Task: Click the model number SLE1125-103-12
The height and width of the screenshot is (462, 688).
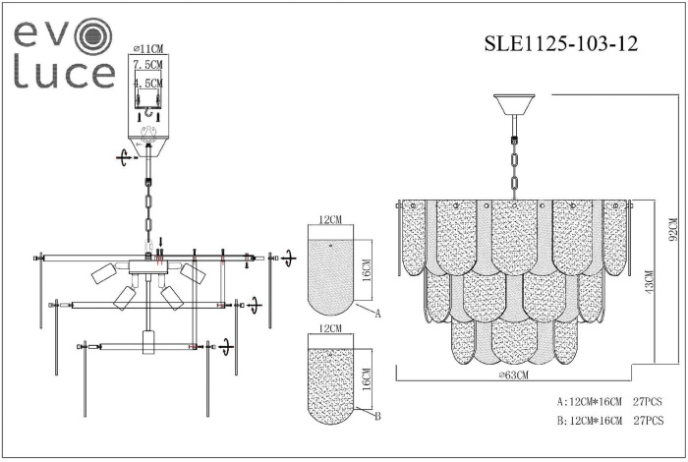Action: click(562, 44)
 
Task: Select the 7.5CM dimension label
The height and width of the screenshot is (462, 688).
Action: click(148, 66)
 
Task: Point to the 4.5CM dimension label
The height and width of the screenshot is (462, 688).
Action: click(148, 85)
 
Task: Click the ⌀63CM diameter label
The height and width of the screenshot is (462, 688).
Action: click(513, 375)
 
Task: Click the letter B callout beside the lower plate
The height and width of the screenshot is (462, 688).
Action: click(376, 416)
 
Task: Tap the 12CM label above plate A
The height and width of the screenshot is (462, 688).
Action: click(330, 218)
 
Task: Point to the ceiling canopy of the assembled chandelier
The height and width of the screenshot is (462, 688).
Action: click(514, 103)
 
